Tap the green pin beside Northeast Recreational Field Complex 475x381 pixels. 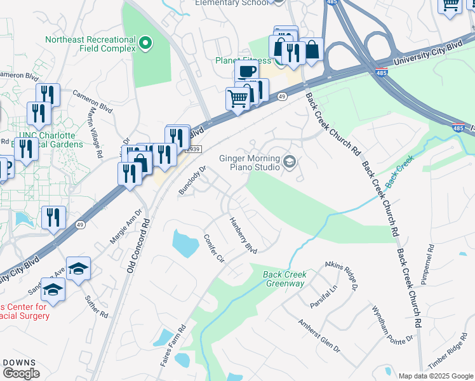pos(145,44)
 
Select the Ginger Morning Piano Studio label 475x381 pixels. pos(250,163)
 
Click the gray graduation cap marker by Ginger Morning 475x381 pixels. pos(290,163)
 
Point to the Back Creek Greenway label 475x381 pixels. pos(285,279)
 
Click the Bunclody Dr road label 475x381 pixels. pos(193,180)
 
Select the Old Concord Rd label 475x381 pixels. pos(140,243)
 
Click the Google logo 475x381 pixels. pos(20,373)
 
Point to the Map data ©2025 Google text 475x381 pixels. pos(435,376)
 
